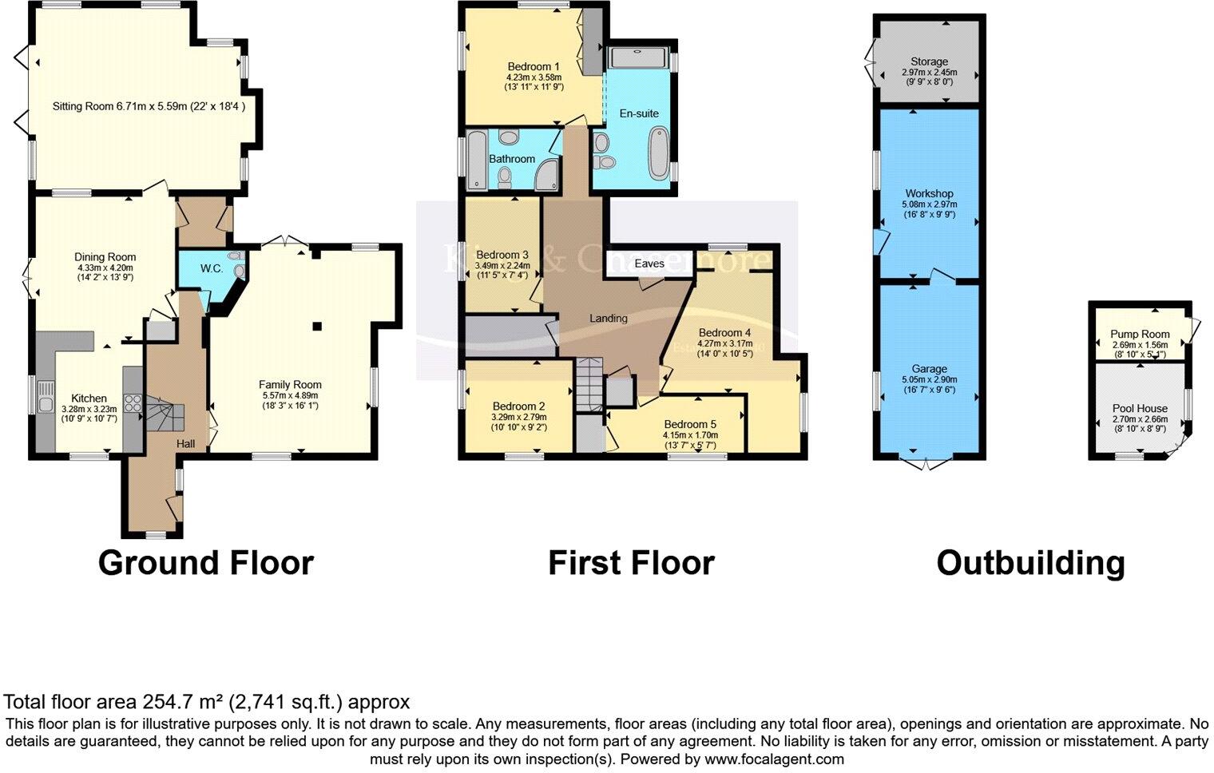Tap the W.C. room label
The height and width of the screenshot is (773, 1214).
pos(212,269)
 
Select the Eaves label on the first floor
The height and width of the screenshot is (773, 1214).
pos(649,264)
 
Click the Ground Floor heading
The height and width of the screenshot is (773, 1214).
pos(205,563)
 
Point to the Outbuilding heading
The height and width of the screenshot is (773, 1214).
pos(1030,563)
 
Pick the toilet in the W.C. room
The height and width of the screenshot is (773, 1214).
pos(237,271)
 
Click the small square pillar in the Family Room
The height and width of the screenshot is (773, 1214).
pos(317,326)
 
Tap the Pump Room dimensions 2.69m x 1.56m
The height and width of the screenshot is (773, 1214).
pos(1139,345)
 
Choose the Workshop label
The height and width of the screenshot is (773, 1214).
pos(929,194)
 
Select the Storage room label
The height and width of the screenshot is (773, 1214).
pos(929,61)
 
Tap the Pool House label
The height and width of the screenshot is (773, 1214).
pos(1140,409)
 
